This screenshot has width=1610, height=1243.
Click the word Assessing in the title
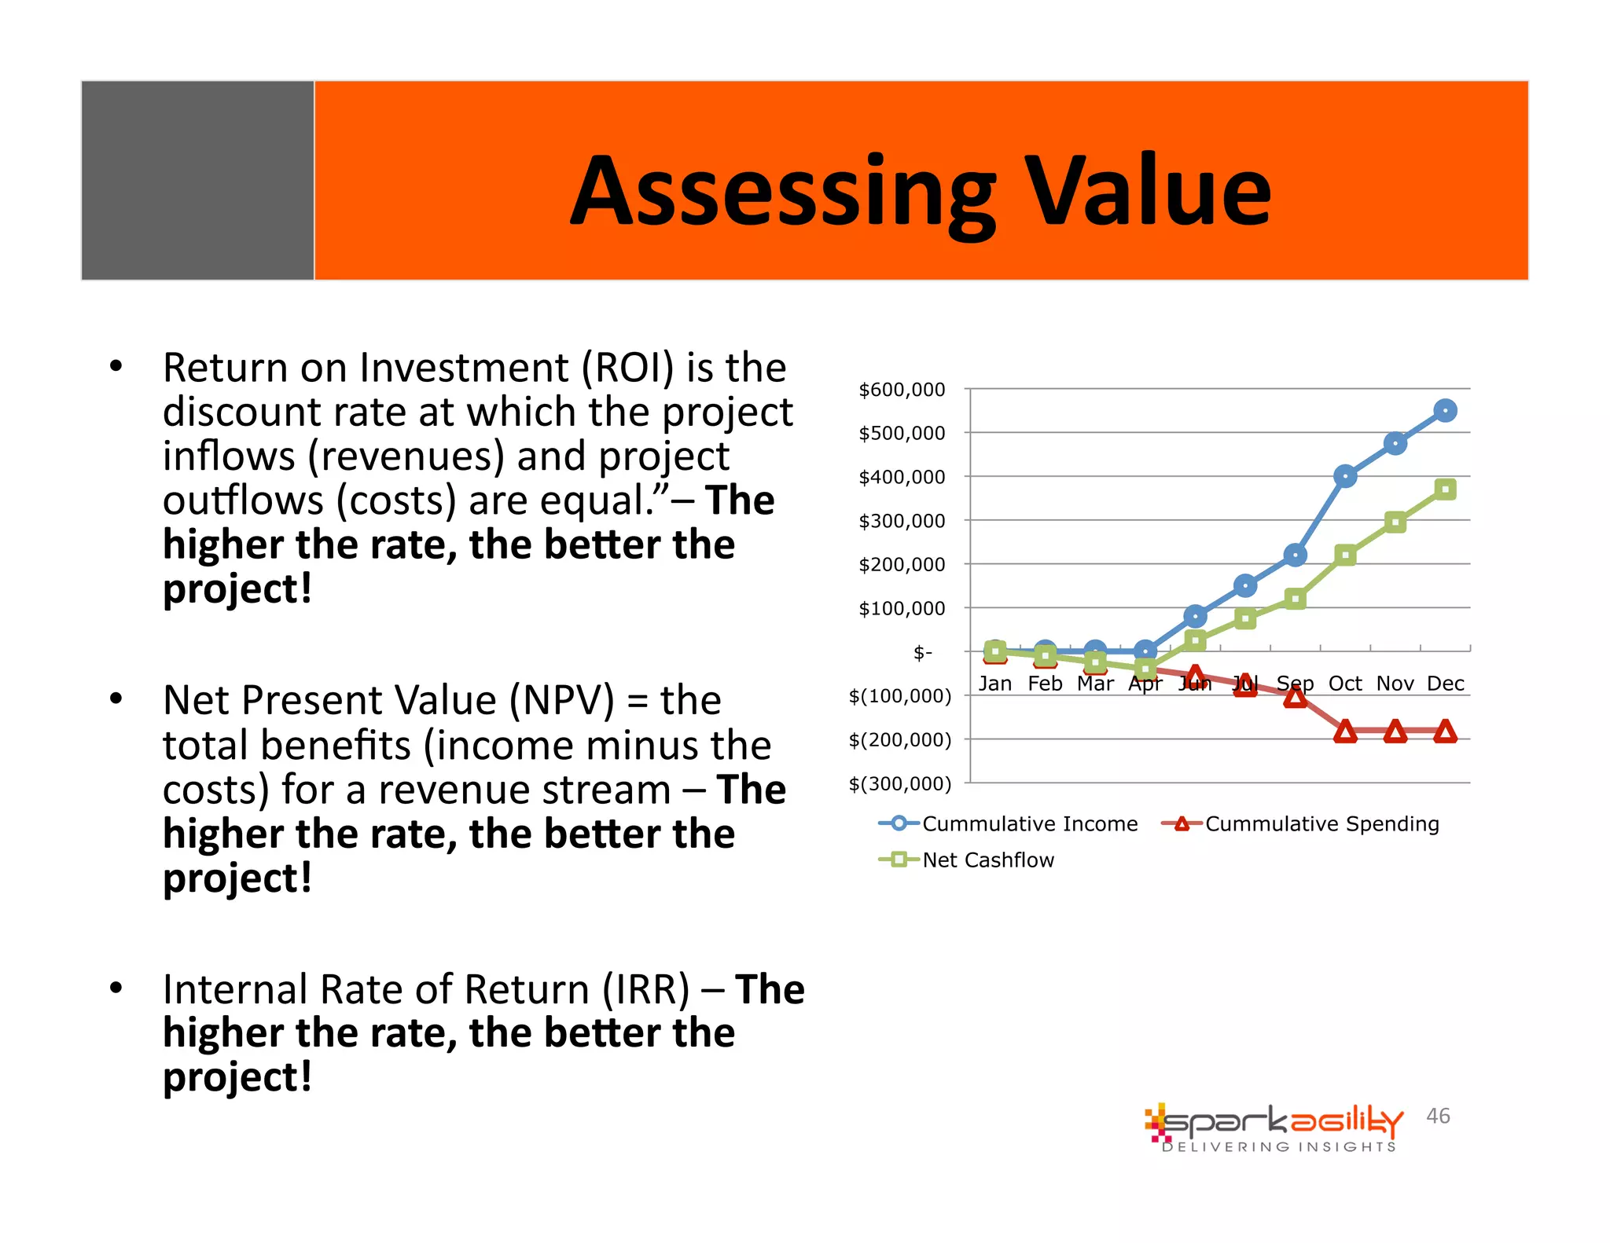click(783, 192)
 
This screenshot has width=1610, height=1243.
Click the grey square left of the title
click(198, 180)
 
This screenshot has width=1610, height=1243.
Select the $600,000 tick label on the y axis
click(902, 390)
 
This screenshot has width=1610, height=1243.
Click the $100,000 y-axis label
click(902, 608)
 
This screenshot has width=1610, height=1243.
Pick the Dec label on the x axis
click(1445, 684)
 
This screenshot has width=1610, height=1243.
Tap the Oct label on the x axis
click(1345, 684)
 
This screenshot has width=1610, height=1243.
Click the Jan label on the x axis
click(994, 684)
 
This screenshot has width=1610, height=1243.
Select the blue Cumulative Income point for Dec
click(1445, 410)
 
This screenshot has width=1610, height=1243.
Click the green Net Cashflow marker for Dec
click(1445, 489)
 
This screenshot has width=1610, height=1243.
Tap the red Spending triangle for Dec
click(1445, 732)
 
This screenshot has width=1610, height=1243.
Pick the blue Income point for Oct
click(1345, 476)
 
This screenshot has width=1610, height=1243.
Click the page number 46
click(1438, 1116)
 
